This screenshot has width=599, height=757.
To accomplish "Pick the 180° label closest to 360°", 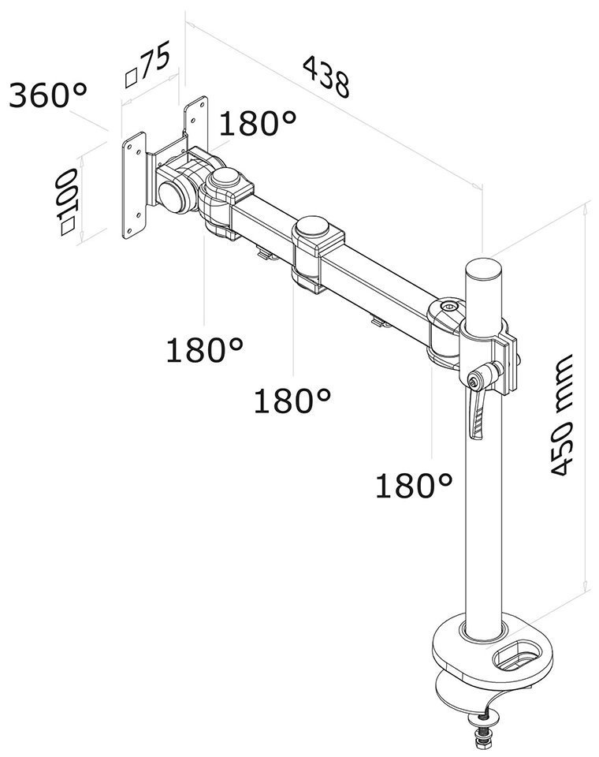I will [x=258, y=124].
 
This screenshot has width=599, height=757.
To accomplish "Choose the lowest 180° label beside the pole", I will [x=413, y=486].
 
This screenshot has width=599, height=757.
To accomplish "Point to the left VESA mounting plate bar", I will [x=136, y=188].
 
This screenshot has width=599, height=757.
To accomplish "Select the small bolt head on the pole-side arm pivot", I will [x=450, y=304].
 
